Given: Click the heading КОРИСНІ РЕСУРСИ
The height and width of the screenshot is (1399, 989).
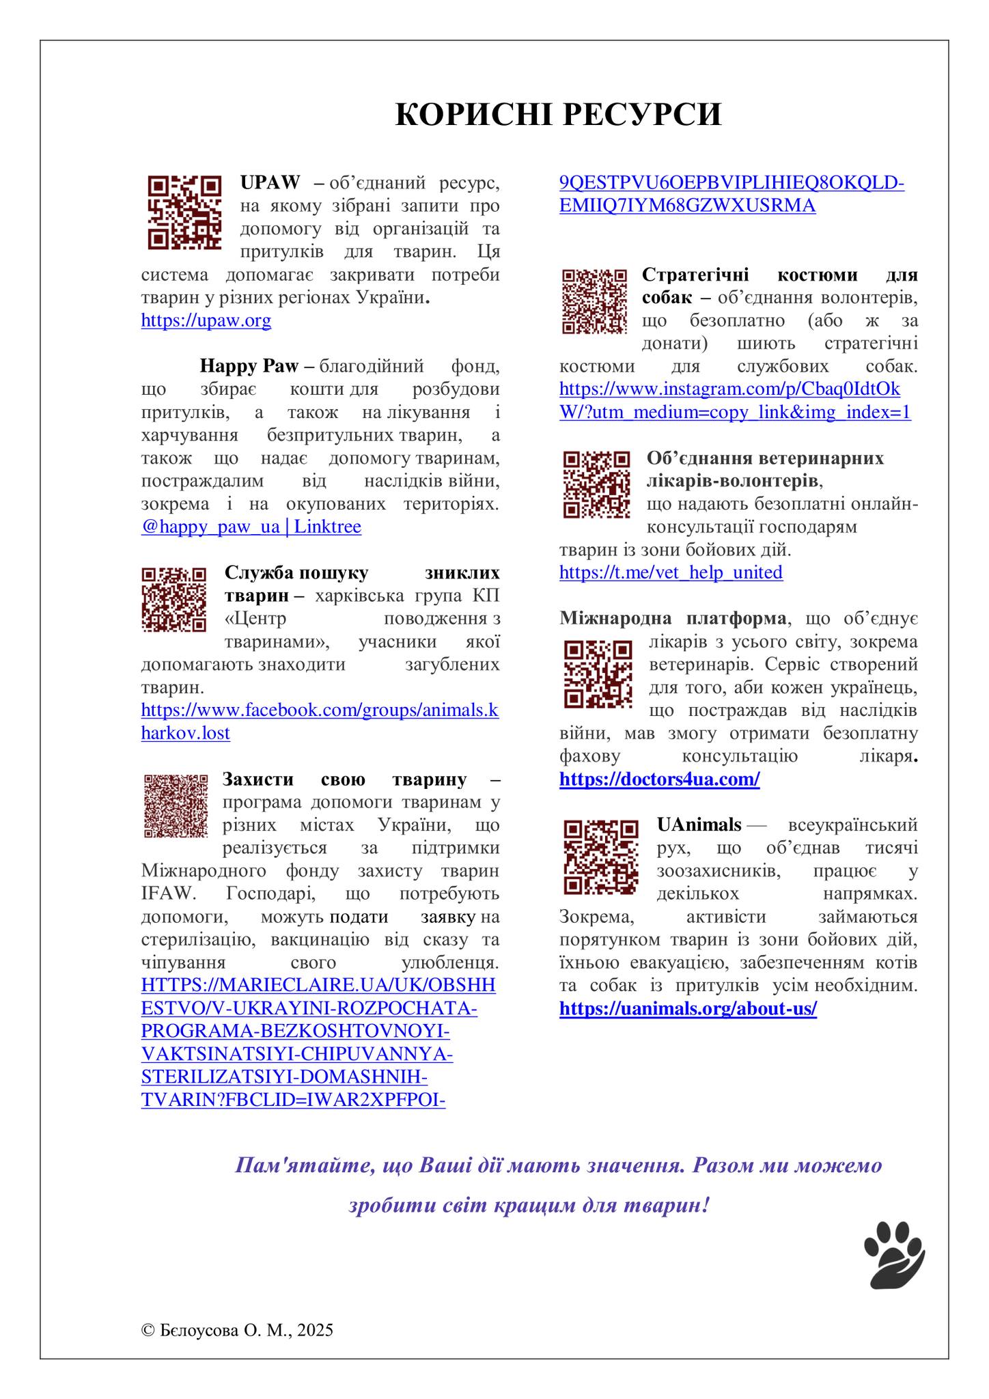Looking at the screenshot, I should coord(558,115).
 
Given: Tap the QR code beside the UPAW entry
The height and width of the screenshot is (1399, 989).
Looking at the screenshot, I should coord(184,212).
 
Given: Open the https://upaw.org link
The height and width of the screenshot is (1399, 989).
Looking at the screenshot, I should coord(206,320).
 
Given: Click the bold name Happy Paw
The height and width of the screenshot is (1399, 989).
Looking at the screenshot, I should coord(249,366).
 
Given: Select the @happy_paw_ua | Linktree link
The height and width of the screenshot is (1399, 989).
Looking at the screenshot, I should coord(251,527).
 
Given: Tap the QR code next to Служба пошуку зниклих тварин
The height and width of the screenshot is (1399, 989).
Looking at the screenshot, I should coord(173,599).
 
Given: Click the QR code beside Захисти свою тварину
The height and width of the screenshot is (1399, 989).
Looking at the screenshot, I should coord(176,805).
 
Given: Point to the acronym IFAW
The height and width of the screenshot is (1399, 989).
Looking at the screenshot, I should coord(163,894).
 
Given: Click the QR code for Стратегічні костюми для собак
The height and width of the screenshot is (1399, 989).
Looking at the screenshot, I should coord(594,301).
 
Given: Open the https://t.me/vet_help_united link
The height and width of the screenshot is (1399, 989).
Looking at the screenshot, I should coord(671,572).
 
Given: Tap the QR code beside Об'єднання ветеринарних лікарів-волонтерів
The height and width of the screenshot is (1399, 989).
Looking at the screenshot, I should coord(596,484).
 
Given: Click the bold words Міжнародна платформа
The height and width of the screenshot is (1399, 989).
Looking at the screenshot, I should coord(672,618).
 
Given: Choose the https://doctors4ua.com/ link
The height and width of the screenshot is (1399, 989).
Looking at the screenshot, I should coord(659,779).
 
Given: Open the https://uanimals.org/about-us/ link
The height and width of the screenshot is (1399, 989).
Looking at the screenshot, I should coord(688,1008).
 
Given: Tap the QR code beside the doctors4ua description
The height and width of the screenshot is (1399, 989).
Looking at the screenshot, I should coord(598,674).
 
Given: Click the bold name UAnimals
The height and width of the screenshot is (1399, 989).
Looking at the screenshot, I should coord(699,825).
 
